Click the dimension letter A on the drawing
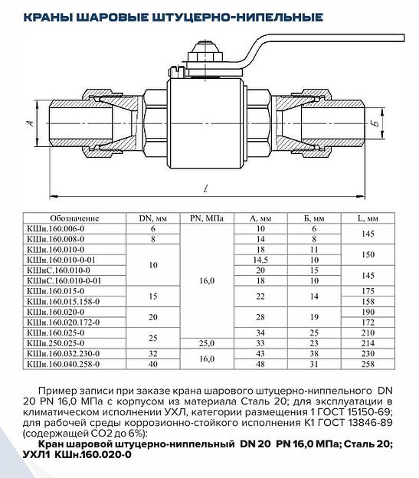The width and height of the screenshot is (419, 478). click(31, 123)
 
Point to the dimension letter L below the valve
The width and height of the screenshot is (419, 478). click(206, 188)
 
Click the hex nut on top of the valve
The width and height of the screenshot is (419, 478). click(205, 57)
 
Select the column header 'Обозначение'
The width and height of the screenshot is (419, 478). click(74, 218)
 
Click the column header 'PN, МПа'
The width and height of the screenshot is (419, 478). click(207, 218)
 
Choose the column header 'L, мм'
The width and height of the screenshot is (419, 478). click(368, 218)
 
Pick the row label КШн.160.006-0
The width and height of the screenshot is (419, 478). click(56, 228)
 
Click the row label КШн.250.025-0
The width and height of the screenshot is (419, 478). click(56, 343)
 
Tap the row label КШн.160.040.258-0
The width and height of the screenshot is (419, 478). click(64, 364)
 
